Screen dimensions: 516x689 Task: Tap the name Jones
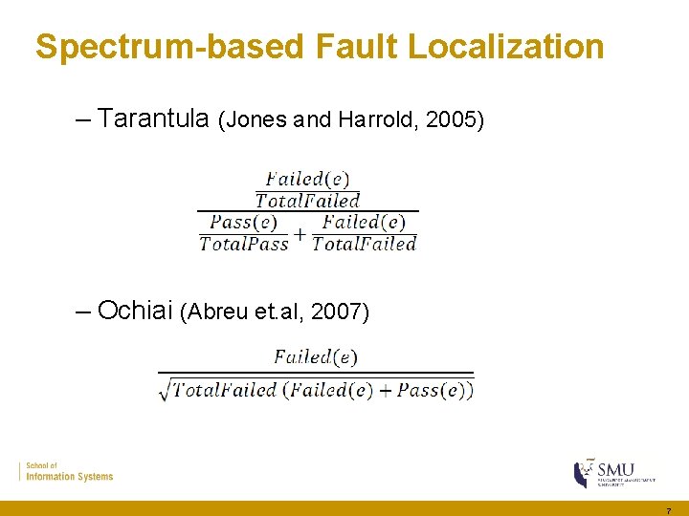point(255,120)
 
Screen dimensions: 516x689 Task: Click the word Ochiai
point(135,311)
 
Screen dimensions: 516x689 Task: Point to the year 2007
point(340,312)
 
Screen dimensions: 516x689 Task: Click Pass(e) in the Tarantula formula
point(243,223)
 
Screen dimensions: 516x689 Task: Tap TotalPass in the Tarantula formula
point(243,244)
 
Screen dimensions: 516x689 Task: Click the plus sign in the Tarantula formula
point(300,233)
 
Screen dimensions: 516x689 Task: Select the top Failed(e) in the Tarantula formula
point(307,179)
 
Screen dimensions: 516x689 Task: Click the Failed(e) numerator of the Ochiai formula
point(316,357)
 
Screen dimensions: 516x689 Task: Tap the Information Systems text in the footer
point(69,476)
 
